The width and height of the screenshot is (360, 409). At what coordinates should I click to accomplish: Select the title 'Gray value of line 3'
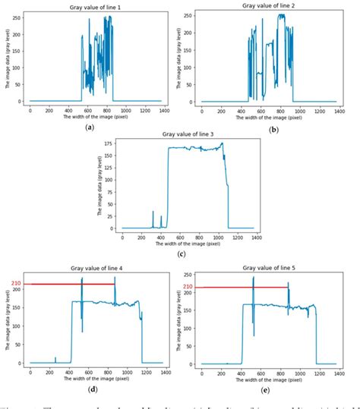pos(186,134)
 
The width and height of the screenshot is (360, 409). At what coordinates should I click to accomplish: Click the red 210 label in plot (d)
pos(15,284)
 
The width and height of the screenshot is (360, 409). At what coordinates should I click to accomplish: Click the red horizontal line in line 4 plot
pos(68,284)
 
